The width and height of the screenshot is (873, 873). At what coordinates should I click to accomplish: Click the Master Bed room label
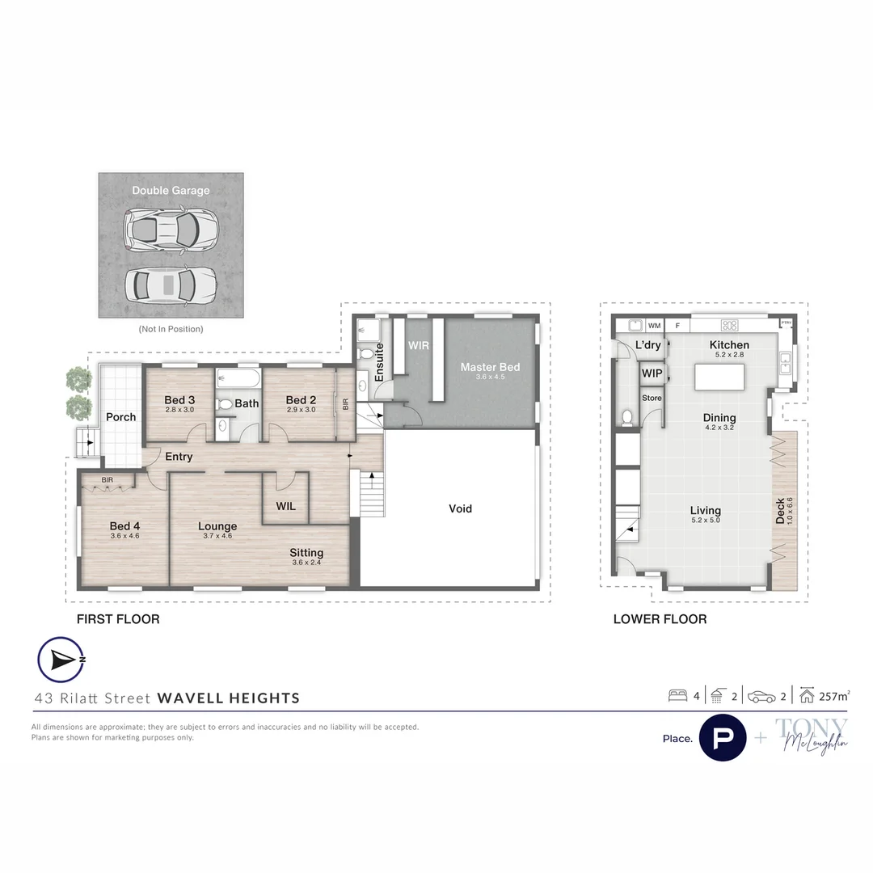(490, 367)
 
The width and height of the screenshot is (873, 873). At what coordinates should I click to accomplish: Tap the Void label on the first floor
(460, 508)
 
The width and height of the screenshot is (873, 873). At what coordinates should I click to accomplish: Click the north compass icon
(61, 660)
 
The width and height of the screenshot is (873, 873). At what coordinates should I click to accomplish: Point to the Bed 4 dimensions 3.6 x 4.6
(124, 536)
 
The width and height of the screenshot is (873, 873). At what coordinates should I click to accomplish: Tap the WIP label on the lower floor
(652, 373)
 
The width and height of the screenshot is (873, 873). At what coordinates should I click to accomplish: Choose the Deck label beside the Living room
(780, 511)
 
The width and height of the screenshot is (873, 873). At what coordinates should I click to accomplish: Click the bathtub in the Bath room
(238, 379)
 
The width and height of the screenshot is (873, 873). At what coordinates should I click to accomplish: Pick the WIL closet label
(285, 507)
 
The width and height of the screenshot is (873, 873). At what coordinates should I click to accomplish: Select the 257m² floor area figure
(836, 695)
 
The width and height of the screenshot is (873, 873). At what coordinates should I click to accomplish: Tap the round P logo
(722, 738)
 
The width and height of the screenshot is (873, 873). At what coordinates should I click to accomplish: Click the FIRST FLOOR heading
(117, 619)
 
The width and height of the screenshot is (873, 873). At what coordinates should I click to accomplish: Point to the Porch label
(121, 417)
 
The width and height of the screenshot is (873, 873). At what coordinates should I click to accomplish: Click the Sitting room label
(306, 553)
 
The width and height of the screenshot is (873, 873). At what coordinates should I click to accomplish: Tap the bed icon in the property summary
(677, 695)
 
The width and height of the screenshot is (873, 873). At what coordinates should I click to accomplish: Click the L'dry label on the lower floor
(648, 345)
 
